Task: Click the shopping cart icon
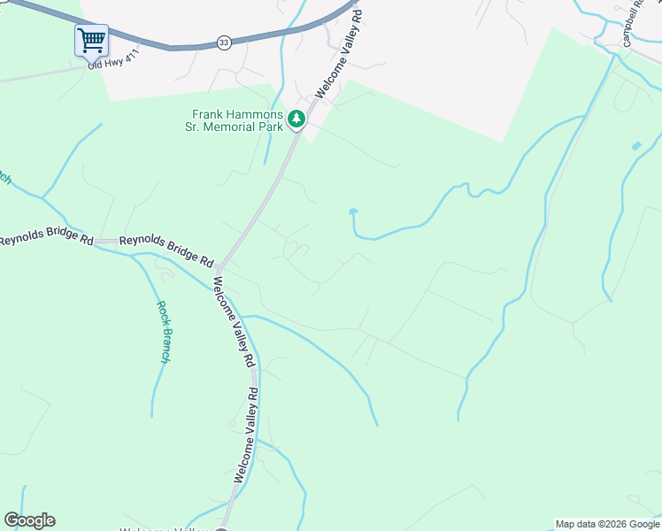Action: pos(91,40)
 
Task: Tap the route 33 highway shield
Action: pos(224,42)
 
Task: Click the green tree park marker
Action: pos(297,119)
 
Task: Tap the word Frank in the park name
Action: pos(211,114)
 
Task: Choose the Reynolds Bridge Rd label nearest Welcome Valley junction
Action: pos(166,250)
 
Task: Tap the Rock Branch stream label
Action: pos(164,332)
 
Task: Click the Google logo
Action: pos(30,520)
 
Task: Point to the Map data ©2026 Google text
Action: pos(606,524)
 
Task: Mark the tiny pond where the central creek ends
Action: pos(353,212)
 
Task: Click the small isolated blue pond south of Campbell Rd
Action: pos(636,145)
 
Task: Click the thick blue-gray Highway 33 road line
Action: pos(177,45)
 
